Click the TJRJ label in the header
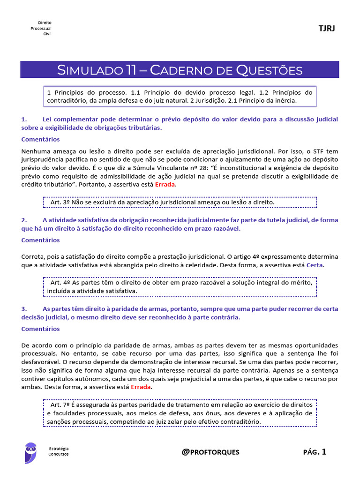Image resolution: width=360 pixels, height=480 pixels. [x=327, y=29]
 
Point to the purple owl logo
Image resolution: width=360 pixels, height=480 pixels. [x=31, y=453]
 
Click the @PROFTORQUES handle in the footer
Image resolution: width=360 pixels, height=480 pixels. [x=210, y=452]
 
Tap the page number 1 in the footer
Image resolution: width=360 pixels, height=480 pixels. [x=324, y=452]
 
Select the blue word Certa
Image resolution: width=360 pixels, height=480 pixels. [x=315, y=265]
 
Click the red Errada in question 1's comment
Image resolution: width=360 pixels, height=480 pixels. [x=166, y=185]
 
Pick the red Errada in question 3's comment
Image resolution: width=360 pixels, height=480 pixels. [x=142, y=387]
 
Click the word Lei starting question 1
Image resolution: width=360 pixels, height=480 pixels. [x=48, y=119]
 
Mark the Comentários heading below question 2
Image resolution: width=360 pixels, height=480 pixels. [x=41, y=240]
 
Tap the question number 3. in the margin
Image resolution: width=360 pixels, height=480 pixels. [x=24, y=309]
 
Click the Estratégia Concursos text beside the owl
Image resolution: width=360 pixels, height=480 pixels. [x=59, y=451]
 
